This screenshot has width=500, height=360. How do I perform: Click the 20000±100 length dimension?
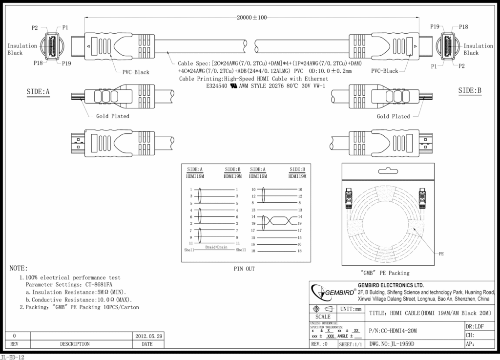(x=252, y=18)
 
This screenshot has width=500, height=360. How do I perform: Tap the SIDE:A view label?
(x=39, y=91)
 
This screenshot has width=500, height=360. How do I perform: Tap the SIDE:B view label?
(x=470, y=90)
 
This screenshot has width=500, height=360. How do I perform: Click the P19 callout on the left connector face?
(x=67, y=64)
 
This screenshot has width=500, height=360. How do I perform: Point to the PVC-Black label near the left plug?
(x=136, y=72)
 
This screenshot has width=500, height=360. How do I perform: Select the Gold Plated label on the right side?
(x=393, y=116)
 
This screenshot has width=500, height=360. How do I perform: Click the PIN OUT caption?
(x=244, y=269)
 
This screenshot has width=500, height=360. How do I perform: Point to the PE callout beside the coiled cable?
(x=441, y=254)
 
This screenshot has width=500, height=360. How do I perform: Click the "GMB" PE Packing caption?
(x=385, y=273)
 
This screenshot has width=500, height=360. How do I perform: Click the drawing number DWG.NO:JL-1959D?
(x=392, y=344)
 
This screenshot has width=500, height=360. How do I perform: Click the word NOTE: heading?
(x=19, y=269)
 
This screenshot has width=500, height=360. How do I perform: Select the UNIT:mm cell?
(x=351, y=309)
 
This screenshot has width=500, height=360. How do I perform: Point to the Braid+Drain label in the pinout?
(x=216, y=247)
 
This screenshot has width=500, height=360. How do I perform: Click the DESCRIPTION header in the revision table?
(x=75, y=344)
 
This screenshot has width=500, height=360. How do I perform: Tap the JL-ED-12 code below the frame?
(x=13, y=357)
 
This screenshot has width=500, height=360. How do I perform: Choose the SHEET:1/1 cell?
(x=351, y=344)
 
